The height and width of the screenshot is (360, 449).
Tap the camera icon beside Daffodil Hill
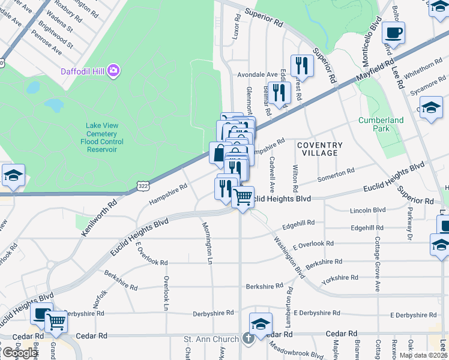pyautogui.click(x=113, y=71)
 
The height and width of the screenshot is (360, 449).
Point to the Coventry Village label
pyautogui.click(x=319, y=149)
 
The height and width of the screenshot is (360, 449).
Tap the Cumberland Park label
pyautogui.click(x=381, y=124)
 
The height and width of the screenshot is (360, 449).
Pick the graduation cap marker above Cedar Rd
pyautogui.click(x=261, y=323)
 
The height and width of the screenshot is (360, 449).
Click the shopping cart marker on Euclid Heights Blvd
pyautogui.click(x=243, y=196)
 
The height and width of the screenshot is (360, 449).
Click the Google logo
pyautogui.click(x=20, y=352)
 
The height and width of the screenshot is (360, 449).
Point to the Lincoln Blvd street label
pyautogui.click(x=367, y=210)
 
